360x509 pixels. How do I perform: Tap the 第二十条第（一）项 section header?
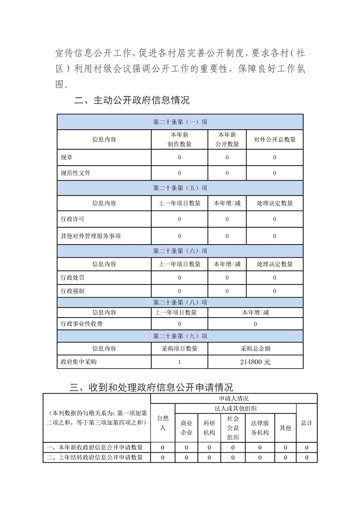click(180, 122)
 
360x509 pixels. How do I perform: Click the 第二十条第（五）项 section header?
click(180, 188)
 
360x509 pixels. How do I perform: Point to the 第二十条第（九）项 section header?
click(180, 336)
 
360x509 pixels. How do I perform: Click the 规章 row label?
click(66, 157)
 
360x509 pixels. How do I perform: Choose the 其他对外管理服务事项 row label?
click(90, 236)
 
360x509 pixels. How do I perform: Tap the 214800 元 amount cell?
click(255, 362)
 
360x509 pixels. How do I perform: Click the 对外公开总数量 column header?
click(275, 140)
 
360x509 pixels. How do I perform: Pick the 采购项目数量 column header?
click(179, 348)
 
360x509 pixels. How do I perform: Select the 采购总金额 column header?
click(255, 348)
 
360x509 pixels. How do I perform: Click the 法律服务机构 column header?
click(260, 428)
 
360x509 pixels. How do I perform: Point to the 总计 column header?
click(306, 423)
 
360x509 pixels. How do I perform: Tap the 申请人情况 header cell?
click(233, 399)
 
